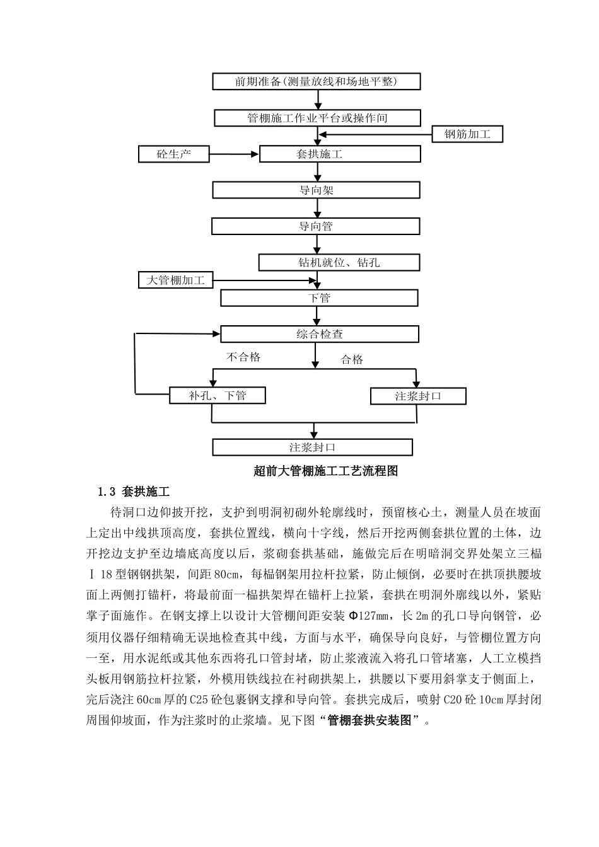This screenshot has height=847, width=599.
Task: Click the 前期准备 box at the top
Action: coord(317,82)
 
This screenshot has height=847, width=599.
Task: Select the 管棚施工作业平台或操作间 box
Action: coord(317,118)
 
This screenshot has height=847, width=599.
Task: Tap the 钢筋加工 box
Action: coord(467,134)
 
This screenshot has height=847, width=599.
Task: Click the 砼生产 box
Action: coord(173,154)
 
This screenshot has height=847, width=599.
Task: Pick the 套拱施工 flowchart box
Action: coord(340,154)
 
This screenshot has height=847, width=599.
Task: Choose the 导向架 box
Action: coord(317,190)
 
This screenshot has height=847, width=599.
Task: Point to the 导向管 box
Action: coord(316,226)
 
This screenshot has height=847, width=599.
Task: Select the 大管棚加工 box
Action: coord(176,280)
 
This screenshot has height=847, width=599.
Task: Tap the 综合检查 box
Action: coord(319,334)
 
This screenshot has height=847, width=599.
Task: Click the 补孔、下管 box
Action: coord(218,396)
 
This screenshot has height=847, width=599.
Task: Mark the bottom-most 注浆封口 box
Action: coord(312,447)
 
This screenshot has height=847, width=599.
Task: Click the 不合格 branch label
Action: coord(243,357)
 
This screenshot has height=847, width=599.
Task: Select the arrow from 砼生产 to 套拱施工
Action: coord(234,154)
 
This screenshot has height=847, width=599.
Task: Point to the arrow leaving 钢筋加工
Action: coord(376,134)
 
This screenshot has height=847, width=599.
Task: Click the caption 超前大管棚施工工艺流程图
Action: coord(325,470)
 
